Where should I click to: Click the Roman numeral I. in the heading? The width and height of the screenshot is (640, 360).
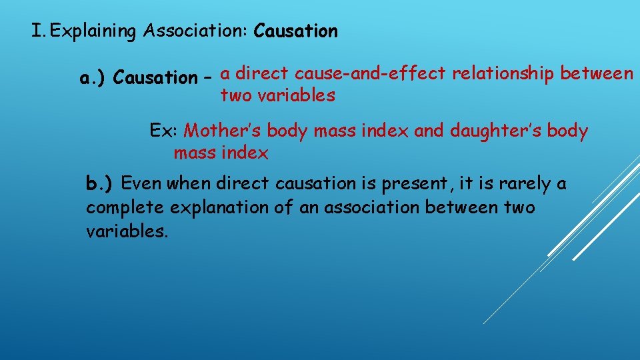point(39,31)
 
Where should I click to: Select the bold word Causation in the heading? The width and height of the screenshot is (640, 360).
point(296,31)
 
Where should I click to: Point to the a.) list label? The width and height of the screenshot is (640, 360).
point(94,79)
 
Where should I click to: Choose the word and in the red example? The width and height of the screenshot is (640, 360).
point(429,131)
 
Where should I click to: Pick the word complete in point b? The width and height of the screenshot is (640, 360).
point(125,208)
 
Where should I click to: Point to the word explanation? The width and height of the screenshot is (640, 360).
point(222,208)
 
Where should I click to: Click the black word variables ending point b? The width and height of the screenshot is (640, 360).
point(127,232)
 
